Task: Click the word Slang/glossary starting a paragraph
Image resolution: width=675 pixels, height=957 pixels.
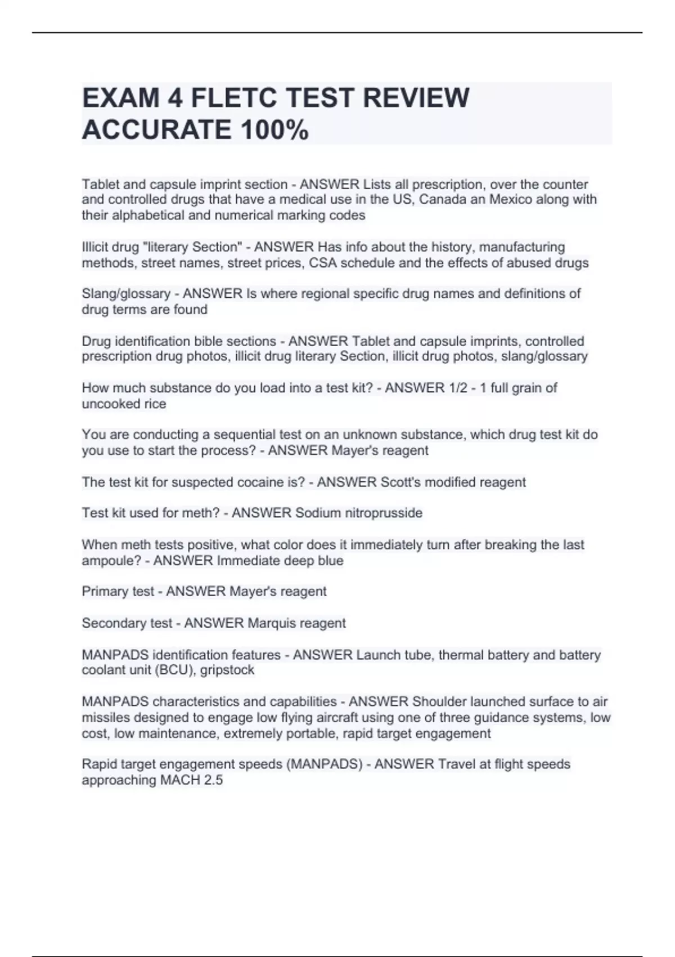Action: [x=126, y=294]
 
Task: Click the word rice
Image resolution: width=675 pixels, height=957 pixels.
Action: [x=155, y=404]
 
